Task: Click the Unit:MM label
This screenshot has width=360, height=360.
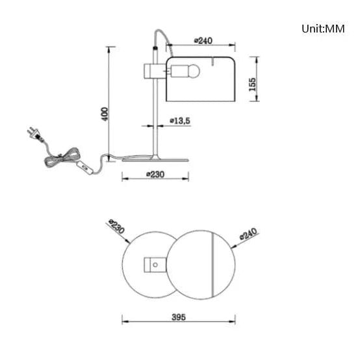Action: click(x=323, y=29)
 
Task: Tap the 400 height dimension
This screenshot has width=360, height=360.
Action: click(x=105, y=114)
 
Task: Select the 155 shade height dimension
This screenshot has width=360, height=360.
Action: click(x=252, y=84)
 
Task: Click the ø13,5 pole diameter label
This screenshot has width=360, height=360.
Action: click(x=180, y=121)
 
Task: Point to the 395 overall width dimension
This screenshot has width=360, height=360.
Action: click(x=179, y=317)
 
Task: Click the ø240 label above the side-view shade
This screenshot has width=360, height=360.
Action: click(x=203, y=41)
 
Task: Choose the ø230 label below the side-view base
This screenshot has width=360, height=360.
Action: click(x=155, y=175)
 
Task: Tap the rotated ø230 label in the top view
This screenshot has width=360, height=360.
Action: click(x=116, y=226)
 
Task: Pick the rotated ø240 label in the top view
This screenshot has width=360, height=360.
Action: click(x=248, y=234)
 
